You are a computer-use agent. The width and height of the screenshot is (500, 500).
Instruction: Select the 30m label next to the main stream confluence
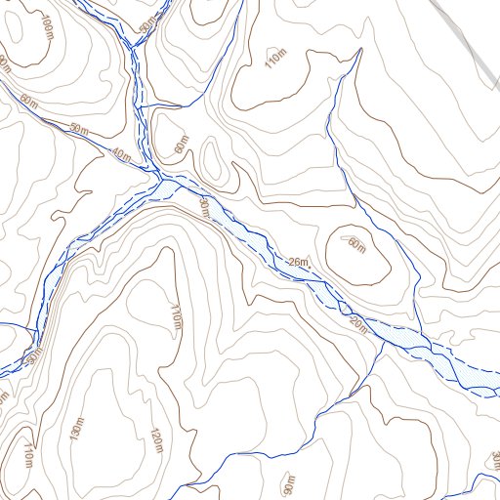(203, 206)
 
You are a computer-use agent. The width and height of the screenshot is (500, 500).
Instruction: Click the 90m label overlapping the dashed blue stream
(37, 354)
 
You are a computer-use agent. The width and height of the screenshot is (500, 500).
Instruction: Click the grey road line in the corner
(469, 39)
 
